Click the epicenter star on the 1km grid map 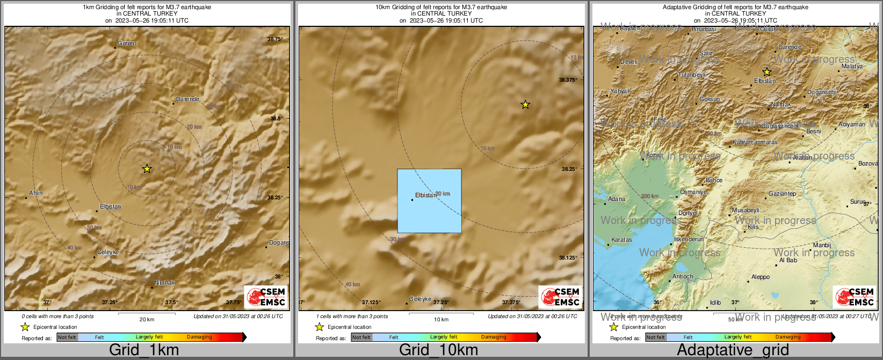coord(147,169)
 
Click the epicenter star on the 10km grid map coord(525,105)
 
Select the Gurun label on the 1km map coord(126,43)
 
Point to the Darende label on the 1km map coord(187,99)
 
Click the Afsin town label coord(35,193)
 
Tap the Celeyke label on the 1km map coord(108,252)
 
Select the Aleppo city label coord(760,277)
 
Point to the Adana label coord(617,199)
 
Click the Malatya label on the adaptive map coord(852,66)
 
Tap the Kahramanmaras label coord(755,142)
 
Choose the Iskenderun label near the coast coord(689,239)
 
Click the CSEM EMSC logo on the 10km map coord(560,297)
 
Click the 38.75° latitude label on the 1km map coord(274,39)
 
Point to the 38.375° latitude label coord(568,80)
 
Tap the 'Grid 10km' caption coord(438,350)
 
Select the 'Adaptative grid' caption coord(733,350)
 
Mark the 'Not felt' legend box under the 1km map coord(67,337)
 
